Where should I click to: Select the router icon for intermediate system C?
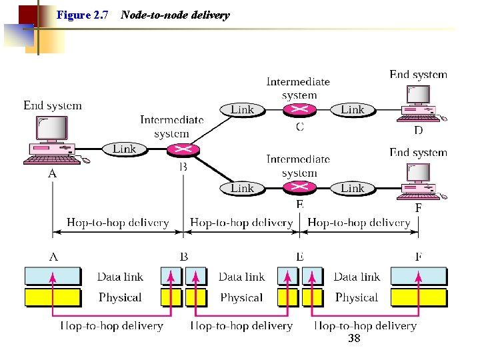click(299, 110)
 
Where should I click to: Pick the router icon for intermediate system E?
click(299, 188)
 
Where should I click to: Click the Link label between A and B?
click(124, 149)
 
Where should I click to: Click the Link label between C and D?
click(353, 109)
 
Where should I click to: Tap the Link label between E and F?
click(353, 188)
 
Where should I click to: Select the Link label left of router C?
click(242, 109)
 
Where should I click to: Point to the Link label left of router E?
click(242, 188)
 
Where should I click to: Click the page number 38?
click(354, 339)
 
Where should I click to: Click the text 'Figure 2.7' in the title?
click(83, 15)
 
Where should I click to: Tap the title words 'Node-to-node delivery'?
click(175, 15)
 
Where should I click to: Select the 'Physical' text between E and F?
click(357, 297)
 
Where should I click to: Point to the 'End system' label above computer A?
click(53, 105)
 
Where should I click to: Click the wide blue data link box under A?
click(53, 276)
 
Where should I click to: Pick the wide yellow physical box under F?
click(419, 297)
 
